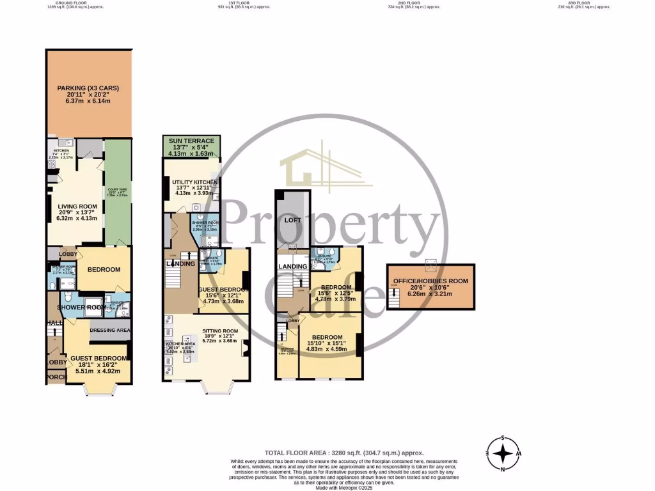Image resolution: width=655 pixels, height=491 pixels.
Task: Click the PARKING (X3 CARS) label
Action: coord(88,88)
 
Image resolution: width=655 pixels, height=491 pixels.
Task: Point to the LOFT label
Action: coord(292,220)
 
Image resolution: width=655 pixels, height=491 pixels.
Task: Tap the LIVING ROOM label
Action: coord(77,206)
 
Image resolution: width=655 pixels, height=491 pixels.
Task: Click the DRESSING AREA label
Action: coord(110,331)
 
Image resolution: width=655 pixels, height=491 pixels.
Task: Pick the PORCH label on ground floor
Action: coord(55,378)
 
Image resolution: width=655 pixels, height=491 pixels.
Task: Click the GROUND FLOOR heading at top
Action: coord(72,3)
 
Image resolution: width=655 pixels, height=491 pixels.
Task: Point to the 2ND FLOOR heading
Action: coord(409,3)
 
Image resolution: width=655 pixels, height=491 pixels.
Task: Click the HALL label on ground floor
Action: coord(55,323)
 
